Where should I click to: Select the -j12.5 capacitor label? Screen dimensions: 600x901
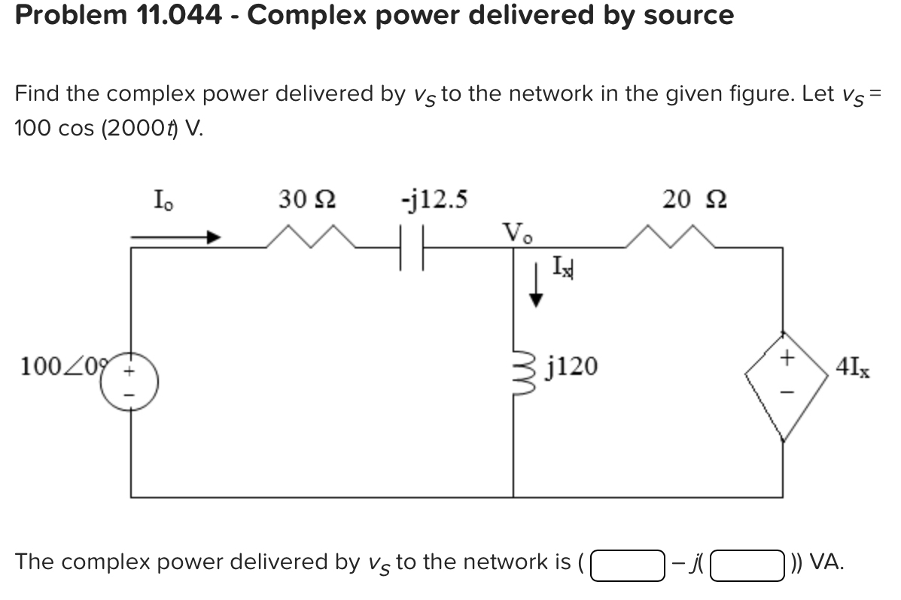[x=434, y=199]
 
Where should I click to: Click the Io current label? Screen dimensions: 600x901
[x=162, y=201]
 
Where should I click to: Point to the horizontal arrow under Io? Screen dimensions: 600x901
[x=175, y=237]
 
